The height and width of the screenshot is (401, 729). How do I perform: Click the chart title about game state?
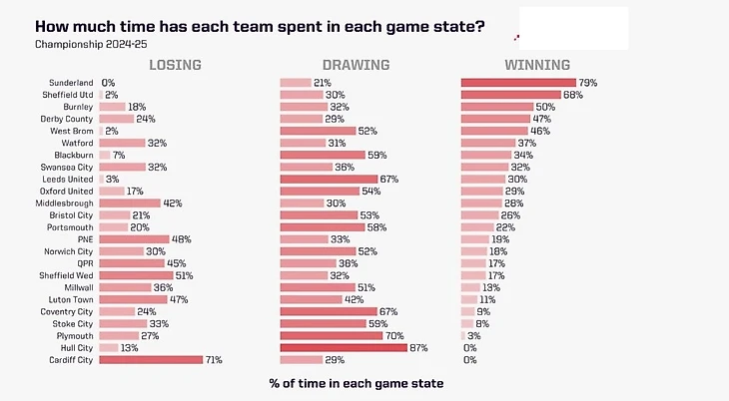(260, 26)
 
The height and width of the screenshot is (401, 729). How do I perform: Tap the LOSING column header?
(175, 65)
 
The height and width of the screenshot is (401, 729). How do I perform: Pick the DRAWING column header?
(355, 65)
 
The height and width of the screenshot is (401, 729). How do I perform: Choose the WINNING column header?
(537, 65)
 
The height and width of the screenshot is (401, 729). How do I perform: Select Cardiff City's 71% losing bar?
(150, 359)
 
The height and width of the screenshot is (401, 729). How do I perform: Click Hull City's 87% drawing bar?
(344, 347)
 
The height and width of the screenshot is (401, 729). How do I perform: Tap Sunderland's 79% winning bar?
(518, 83)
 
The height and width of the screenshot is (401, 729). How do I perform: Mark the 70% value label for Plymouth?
(395, 335)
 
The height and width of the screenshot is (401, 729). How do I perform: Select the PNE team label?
(84, 239)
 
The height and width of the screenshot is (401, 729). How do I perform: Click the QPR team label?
(84, 263)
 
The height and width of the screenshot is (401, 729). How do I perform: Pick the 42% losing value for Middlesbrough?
(172, 202)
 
